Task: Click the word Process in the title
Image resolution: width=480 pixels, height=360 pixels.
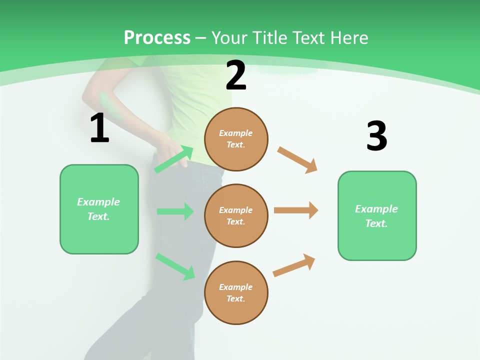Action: tap(157, 38)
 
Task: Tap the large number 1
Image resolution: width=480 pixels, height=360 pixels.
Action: tap(99, 128)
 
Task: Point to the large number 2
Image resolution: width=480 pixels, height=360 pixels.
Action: tap(236, 76)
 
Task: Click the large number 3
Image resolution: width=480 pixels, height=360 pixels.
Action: tap(376, 136)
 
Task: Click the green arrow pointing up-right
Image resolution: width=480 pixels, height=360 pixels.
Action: tap(174, 159)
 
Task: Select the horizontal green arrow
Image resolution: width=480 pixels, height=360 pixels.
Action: tap(175, 211)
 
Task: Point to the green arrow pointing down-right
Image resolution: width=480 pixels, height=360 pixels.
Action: tap(175, 266)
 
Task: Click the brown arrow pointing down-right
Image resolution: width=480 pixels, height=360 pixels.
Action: tap(297, 159)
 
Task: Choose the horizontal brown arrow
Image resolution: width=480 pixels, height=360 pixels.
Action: tap(296, 210)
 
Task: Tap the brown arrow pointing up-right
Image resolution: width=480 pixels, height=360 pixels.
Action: tap(294, 265)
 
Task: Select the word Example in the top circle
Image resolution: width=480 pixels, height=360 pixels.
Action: tap(235, 133)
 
